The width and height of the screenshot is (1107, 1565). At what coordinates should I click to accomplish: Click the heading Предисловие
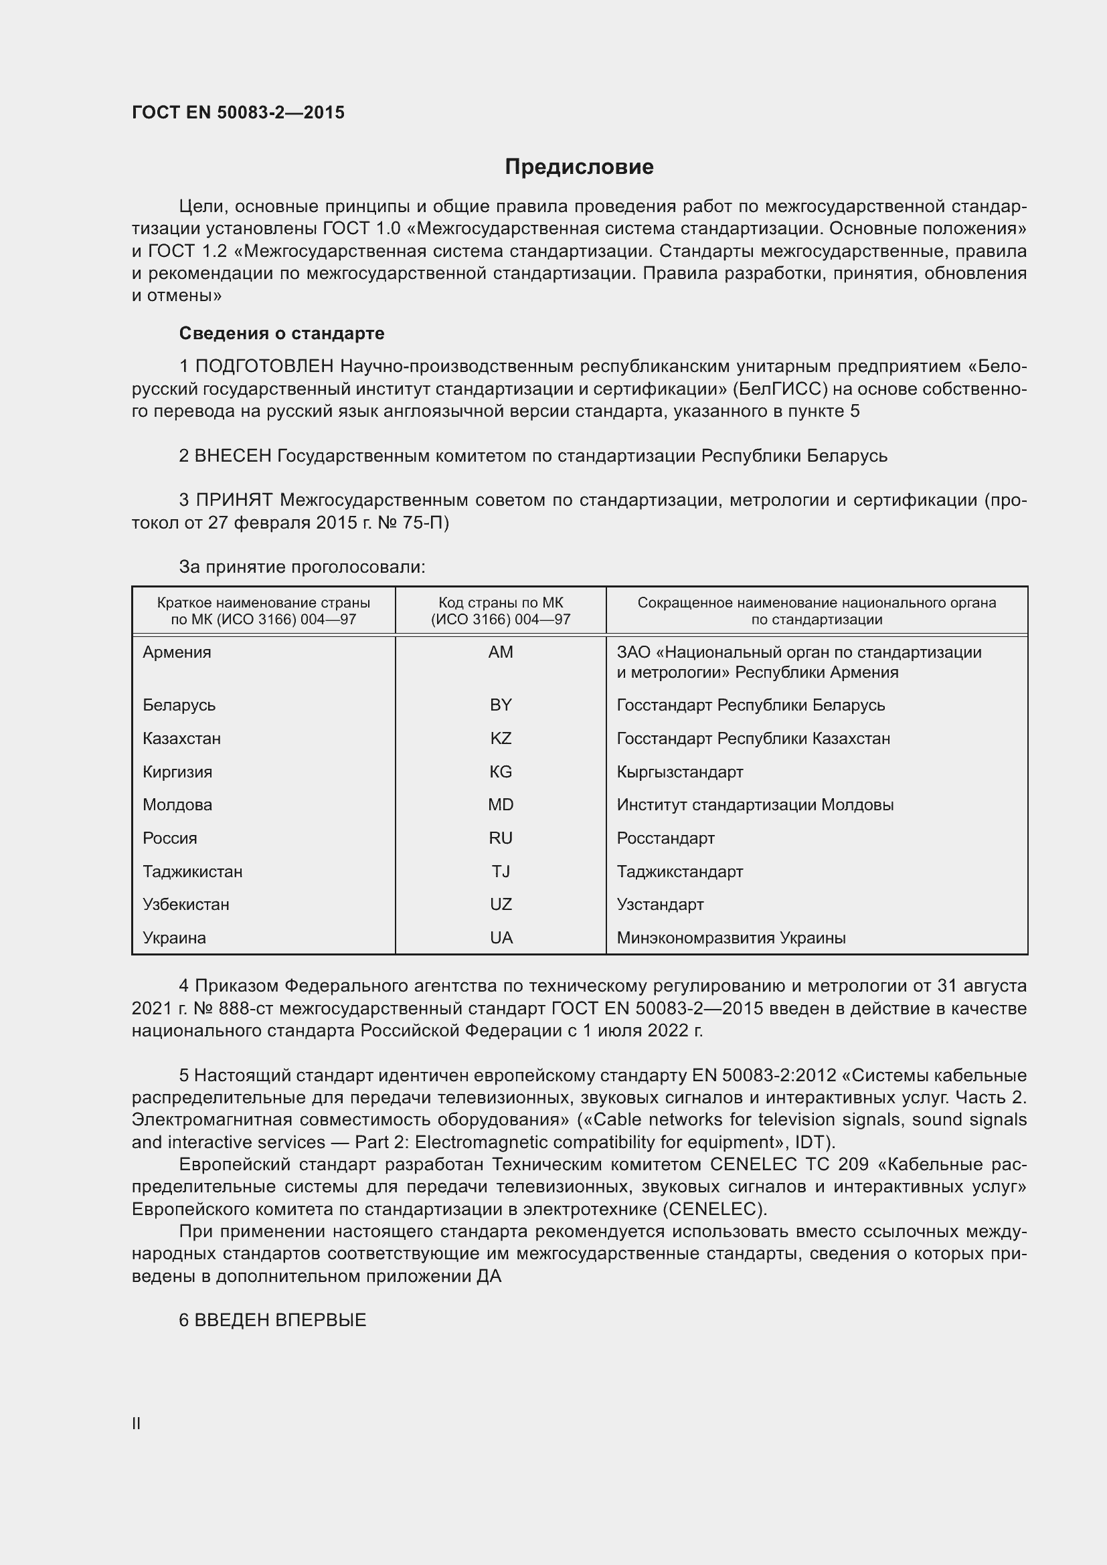pyautogui.click(x=579, y=167)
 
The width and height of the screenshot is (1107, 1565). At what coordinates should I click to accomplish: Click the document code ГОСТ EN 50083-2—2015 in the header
pyautogui.click(x=238, y=112)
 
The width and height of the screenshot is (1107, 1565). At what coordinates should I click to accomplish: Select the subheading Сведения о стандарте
pyautogui.click(x=282, y=333)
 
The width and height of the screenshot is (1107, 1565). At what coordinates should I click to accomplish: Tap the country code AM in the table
pyautogui.click(x=501, y=652)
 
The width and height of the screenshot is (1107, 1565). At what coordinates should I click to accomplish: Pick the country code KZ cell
pyautogui.click(x=501, y=738)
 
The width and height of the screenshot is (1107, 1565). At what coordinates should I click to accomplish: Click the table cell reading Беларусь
pyautogui.click(x=179, y=705)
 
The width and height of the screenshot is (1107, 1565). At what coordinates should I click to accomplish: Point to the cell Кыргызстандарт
pyautogui.click(x=679, y=771)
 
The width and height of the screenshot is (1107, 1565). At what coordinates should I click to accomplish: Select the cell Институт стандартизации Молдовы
pyautogui.click(x=754, y=804)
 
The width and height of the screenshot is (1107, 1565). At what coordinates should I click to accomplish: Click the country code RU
pyautogui.click(x=501, y=838)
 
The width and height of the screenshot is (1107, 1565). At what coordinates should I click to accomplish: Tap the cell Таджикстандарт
pyautogui.click(x=679, y=871)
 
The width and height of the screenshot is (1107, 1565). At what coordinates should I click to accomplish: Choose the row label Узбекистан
pyautogui.click(x=186, y=904)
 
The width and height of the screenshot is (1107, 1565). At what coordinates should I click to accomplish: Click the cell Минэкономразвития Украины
pyautogui.click(x=731, y=937)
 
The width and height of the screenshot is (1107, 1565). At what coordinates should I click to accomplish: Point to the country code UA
pyautogui.click(x=501, y=937)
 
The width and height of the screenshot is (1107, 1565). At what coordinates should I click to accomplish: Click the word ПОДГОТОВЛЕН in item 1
pyautogui.click(x=264, y=366)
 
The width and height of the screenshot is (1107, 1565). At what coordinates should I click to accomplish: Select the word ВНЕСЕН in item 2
pyautogui.click(x=233, y=456)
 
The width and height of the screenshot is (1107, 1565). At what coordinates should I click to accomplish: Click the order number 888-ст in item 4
pyautogui.click(x=246, y=1008)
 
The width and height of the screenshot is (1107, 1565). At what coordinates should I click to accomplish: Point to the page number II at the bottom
pyautogui.click(x=137, y=1423)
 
